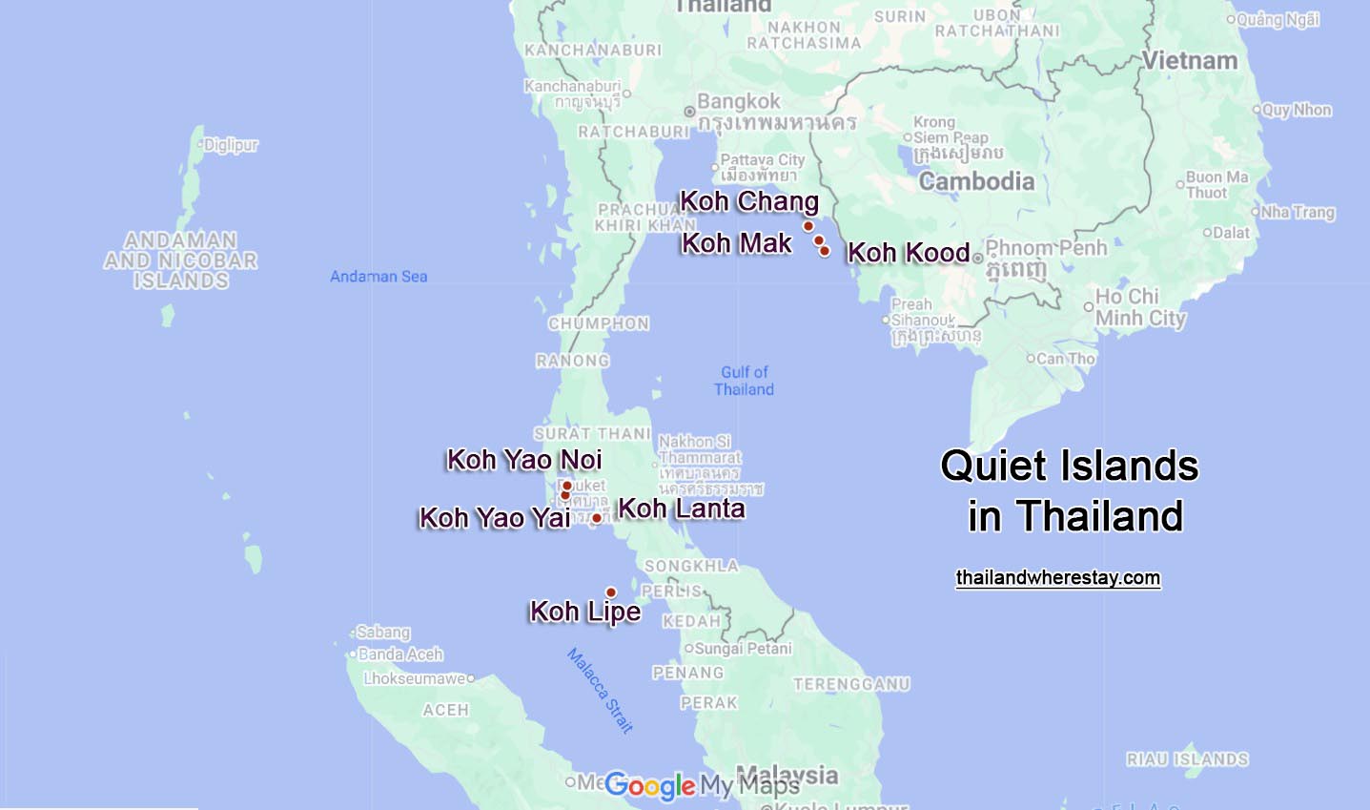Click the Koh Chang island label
749,202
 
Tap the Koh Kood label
908,253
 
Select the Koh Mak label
736,243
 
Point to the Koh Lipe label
585,611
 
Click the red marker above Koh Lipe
611,592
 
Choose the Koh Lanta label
682,509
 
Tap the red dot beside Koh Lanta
597,518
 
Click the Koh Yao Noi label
524,460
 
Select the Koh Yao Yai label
495,518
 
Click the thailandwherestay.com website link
1058,578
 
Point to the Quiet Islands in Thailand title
1070,490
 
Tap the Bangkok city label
738,101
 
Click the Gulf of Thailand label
744,381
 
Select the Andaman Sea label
378,277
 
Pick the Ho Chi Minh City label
1140,307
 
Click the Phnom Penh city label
1046,248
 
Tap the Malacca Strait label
600,690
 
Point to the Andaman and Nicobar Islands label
181,260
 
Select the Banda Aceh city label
400,654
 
